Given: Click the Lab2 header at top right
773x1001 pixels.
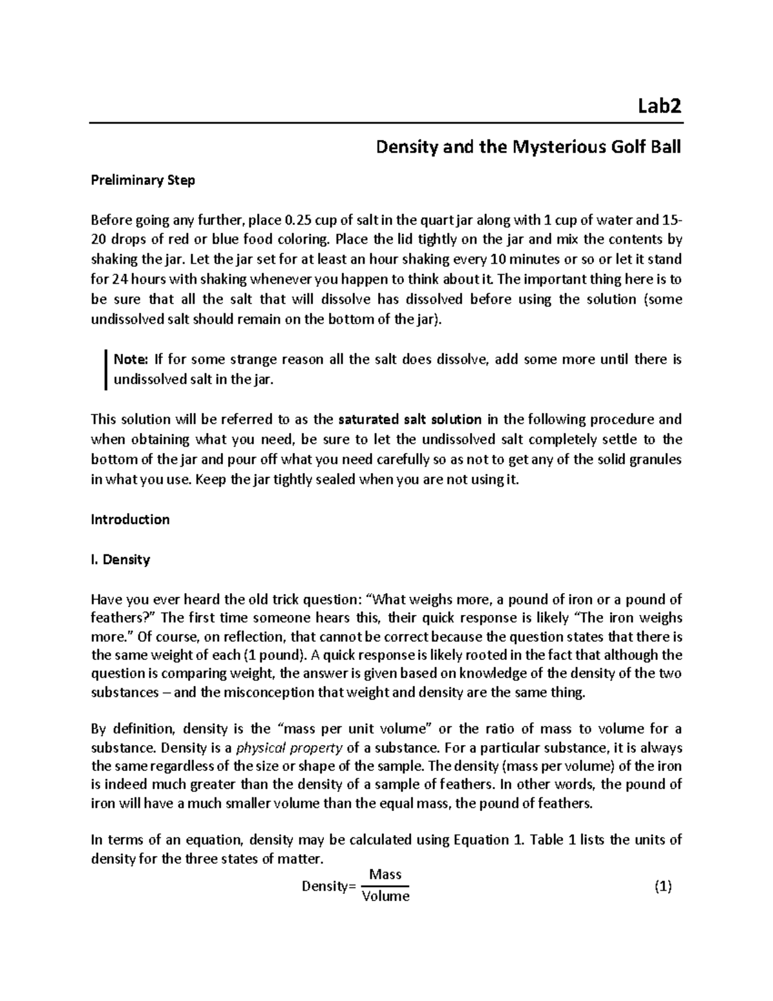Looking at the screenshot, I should [x=658, y=106].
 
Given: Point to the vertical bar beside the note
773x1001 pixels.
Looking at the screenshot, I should [x=104, y=369].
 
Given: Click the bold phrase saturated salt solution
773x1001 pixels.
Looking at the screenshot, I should [x=410, y=420].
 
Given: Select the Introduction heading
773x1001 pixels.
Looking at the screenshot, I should [x=130, y=520].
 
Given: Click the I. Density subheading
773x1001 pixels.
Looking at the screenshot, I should [x=120, y=559].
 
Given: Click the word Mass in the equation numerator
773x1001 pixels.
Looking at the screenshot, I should [x=385, y=875].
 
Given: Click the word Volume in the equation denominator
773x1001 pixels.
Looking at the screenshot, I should [x=385, y=896].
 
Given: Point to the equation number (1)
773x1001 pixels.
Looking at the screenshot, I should [x=662, y=887].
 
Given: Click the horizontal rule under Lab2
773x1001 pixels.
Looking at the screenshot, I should [x=386, y=122].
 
